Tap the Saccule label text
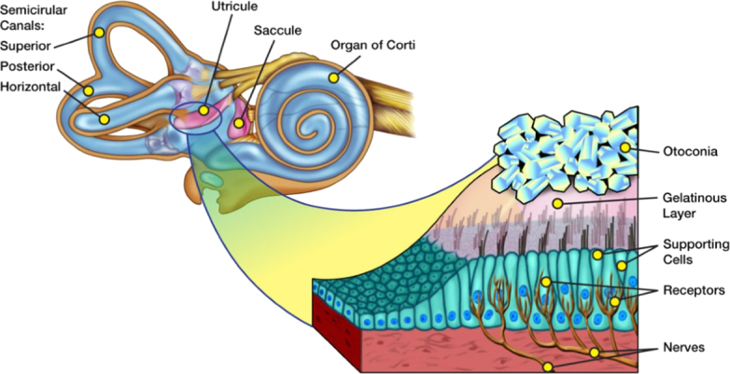pyautogui.click(x=277, y=30)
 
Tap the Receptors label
pyautogui.click(x=692, y=290)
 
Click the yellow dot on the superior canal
pyautogui.click(x=98, y=33)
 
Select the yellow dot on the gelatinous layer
pyautogui.click(x=557, y=202)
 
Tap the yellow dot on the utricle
pyautogui.click(x=204, y=110)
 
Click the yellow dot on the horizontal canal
pyautogui.click(x=105, y=119)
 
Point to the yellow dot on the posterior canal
pyautogui.click(x=89, y=90)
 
